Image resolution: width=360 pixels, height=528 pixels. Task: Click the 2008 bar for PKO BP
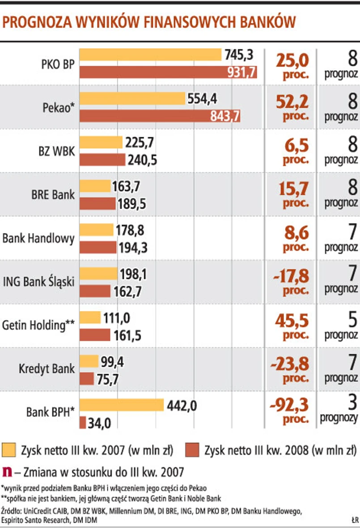click(168, 72)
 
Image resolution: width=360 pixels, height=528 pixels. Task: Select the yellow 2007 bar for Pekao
click(132, 98)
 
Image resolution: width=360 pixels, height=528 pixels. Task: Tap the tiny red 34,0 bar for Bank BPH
click(83, 422)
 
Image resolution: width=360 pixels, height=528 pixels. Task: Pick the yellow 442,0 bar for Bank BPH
click(122, 405)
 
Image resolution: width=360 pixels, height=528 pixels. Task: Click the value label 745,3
click(239, 55)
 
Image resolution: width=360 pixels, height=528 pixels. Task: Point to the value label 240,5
click(143, 160)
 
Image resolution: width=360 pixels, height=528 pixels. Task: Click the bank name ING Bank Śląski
click(38, 282)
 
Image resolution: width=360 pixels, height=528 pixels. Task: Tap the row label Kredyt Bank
click(47, 369)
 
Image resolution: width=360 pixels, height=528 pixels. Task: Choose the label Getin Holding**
click(38, 325)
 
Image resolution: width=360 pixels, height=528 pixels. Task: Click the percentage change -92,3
click(290, 405)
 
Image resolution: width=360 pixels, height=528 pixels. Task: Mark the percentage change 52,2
click(292, 103)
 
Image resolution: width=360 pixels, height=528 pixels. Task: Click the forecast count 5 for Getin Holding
click(352, 319)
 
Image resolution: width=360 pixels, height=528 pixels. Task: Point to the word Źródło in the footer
click(12, 510)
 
